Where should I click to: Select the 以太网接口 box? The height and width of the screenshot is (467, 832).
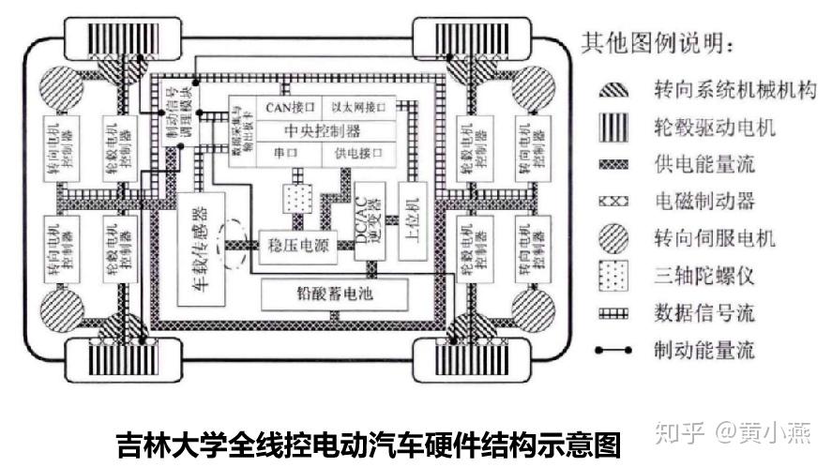coord(361,107)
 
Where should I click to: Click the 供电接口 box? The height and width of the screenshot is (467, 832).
coord(361,152)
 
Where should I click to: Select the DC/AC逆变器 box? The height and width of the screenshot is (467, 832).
coord(368,221)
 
